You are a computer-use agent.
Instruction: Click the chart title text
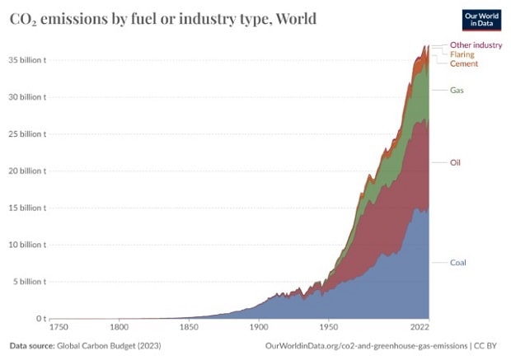tap(162, 18)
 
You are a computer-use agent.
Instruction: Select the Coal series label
tap(458, 263)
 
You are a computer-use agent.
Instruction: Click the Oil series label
tap(456, 162)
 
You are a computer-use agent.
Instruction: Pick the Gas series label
tap(457, 90)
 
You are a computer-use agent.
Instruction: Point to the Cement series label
tap(464, 63)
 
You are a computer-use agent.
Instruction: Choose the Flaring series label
tap(462, 54)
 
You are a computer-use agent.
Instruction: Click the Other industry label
tap(476, 45)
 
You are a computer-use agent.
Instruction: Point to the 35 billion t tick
tap(27, 60)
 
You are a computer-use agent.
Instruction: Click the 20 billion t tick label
tap(27, 171)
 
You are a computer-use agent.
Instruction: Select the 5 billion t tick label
tap(30, 282)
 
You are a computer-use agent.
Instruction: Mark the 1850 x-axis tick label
tap(189, 327)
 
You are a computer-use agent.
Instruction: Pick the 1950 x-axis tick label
tap(329, 327)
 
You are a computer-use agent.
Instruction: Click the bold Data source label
tap(34, 347)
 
